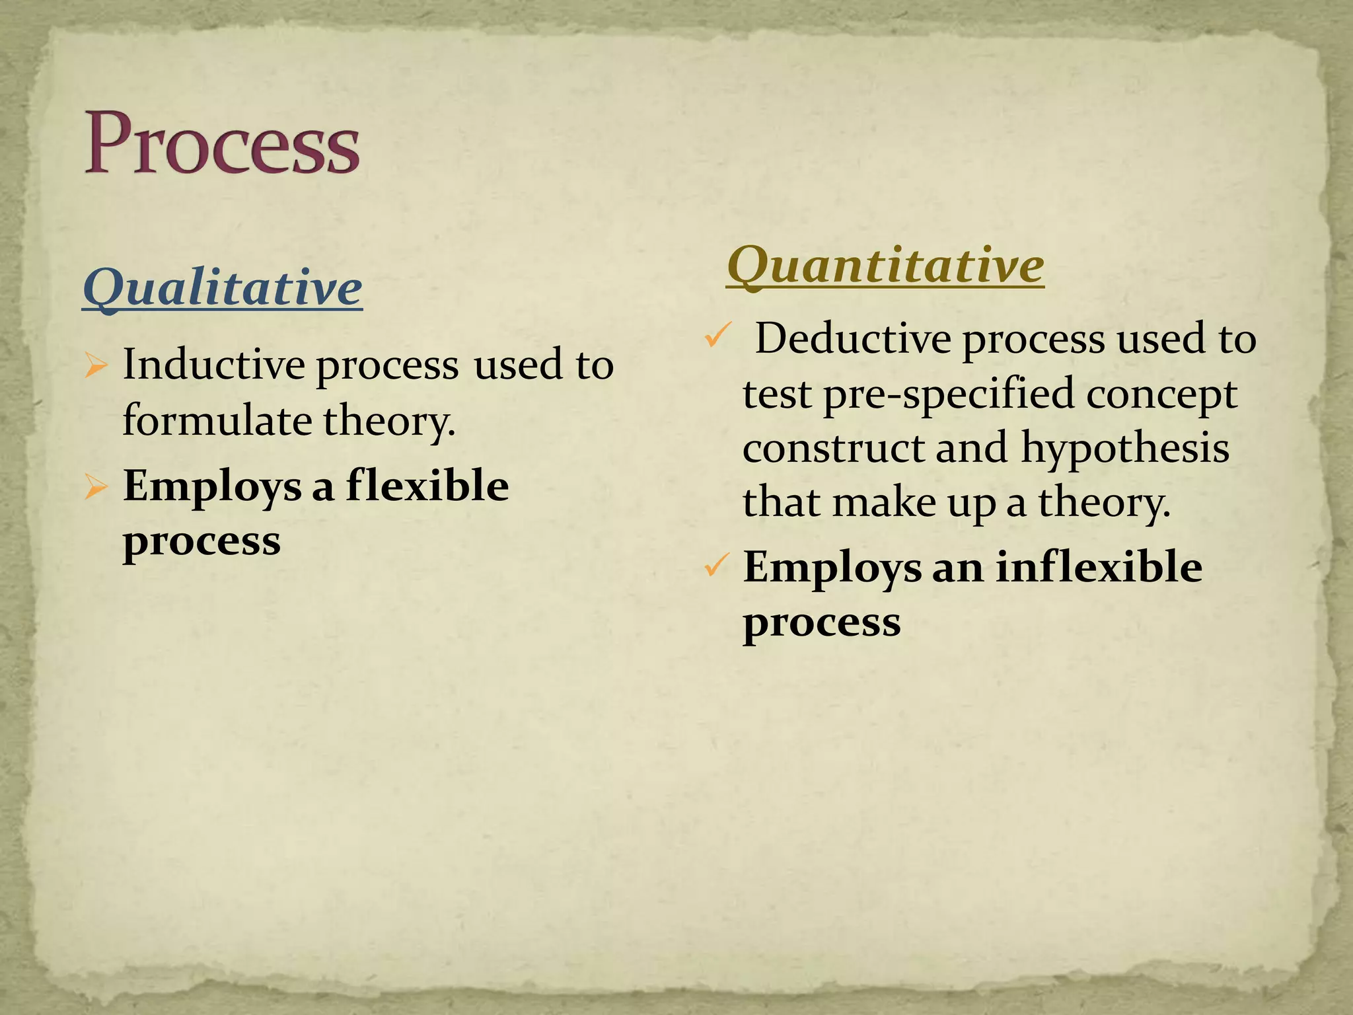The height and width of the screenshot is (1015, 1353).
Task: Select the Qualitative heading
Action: [223, 287]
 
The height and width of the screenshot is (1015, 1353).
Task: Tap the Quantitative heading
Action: [885, 266]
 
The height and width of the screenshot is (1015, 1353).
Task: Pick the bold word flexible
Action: [427, 486]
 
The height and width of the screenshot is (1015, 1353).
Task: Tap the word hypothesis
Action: [1125, 448]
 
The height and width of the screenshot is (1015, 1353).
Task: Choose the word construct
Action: [832, 449]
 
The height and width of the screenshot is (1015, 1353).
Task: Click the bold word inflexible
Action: [1099, 567]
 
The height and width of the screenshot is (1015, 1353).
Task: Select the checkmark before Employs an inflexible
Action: [716, 565]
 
